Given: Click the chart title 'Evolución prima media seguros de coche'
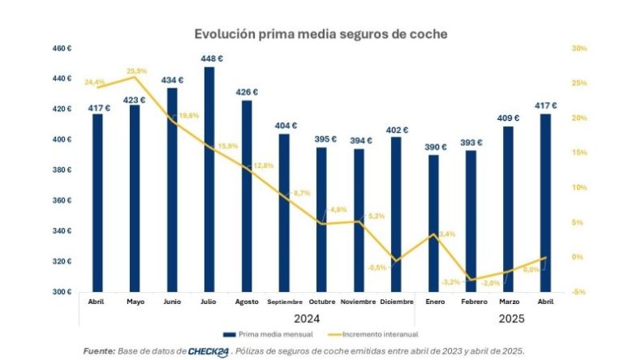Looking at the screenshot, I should tap(320, 34).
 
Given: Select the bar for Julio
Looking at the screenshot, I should tap(209, 178).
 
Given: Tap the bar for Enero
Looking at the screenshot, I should tap(433, 223).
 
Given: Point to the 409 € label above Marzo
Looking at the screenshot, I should tap(508, 118).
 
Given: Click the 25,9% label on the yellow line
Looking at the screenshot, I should tap(136, 71).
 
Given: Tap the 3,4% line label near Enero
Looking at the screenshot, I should tap(446, 234).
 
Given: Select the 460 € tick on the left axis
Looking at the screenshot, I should tap(62, 49).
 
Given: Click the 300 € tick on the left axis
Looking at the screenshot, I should tap(62, 292).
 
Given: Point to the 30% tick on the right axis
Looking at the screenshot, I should tap(579, 49).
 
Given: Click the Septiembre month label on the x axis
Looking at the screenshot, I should tap(284, 302).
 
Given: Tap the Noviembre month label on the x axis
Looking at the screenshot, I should tap(359, 302).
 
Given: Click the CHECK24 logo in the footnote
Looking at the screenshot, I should tap(206, 351).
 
